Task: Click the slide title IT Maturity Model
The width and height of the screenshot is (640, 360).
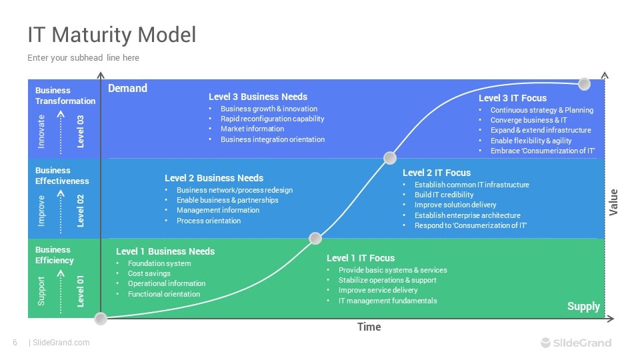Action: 112,34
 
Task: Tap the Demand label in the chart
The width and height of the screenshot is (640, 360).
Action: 127,88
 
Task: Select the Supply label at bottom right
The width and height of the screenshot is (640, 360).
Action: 583,307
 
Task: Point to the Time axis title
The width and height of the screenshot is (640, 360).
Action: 369,327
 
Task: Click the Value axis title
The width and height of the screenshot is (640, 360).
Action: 614,202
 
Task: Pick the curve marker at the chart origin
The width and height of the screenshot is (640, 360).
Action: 101,319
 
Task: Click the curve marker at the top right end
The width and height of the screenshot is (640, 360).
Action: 584,84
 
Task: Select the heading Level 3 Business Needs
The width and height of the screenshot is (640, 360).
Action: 258,97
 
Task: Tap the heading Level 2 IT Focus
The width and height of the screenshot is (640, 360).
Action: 437,173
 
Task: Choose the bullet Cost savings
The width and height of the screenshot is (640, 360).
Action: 149,273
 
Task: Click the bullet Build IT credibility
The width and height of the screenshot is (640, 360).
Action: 444,195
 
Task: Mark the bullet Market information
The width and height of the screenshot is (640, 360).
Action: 252,129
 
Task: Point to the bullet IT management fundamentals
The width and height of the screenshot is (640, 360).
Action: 387,301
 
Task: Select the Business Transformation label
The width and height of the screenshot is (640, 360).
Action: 65,95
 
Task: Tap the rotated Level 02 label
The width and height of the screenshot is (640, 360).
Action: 81,211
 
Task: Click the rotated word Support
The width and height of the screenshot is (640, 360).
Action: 41,291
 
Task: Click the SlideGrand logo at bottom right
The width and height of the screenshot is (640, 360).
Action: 575,343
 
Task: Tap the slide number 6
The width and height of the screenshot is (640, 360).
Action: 15,343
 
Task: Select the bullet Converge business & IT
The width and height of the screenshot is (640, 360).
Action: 529,120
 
